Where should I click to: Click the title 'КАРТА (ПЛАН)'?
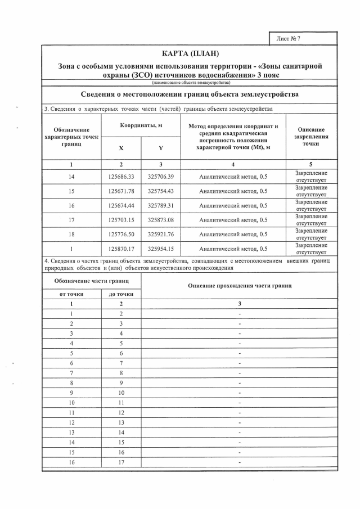pos(190,54)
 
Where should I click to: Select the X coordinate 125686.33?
pos(121,177)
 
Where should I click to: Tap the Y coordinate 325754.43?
pos(160,191)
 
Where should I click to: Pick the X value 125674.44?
pos(121,206)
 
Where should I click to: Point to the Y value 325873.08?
pos(160,220)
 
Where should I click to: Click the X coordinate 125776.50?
pos(121,235)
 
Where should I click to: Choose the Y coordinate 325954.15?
pos(160,249)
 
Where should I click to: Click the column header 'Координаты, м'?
pos(141,125)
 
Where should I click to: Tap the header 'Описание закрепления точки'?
pos(311,137)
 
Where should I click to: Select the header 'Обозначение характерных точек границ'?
pos(71,137)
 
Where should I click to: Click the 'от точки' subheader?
pos(71,294)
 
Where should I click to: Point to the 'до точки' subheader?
pos(121,294)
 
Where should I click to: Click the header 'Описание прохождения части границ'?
pos(240,286)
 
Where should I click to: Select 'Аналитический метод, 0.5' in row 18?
pos(233,235)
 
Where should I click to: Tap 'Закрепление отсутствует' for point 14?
pos(311,177)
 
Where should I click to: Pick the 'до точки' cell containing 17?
pos(121,462)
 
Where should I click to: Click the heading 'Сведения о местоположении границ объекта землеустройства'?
pos(190,94)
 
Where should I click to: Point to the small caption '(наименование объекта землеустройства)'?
pos(190,83)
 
